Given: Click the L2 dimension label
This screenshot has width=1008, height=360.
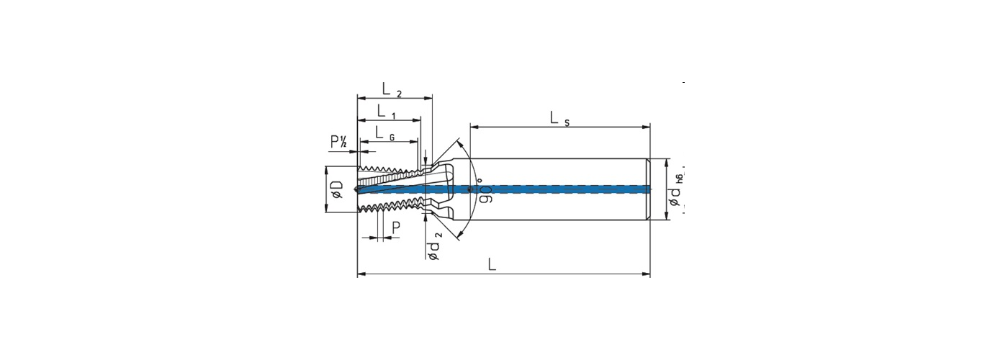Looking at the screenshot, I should (x=392, y=90).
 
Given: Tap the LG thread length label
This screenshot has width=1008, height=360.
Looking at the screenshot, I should (x=384, y=132).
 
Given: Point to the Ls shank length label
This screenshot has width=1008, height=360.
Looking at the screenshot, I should (x=559, y=119).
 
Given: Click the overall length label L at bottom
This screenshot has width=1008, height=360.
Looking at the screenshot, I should (x=492, y=265).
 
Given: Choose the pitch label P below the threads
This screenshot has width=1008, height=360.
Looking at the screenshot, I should (x=396, y=228).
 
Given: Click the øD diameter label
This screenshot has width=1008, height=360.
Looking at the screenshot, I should (x=336, y=189).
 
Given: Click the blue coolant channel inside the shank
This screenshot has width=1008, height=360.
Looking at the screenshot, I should (x=562, y=189).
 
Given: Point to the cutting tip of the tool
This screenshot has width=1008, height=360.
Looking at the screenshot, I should (x=359, y=189).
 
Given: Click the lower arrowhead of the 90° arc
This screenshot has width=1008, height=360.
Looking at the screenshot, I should (x=460, y=235).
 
